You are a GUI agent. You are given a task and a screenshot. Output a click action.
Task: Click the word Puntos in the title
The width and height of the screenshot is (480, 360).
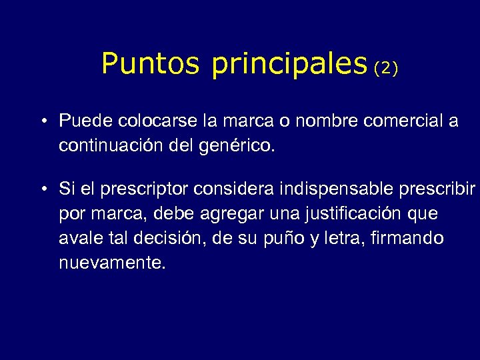tap(150, 64)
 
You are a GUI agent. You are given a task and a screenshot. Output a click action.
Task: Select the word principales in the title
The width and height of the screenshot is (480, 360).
tap(289, 65)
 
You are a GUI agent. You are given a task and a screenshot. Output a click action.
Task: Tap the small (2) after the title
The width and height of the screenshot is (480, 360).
tap(386, 68)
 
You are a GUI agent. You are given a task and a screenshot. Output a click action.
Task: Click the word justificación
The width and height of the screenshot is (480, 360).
tap(351, 214)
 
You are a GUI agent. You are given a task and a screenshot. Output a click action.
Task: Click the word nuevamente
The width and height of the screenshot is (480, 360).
tap(111, 263)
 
